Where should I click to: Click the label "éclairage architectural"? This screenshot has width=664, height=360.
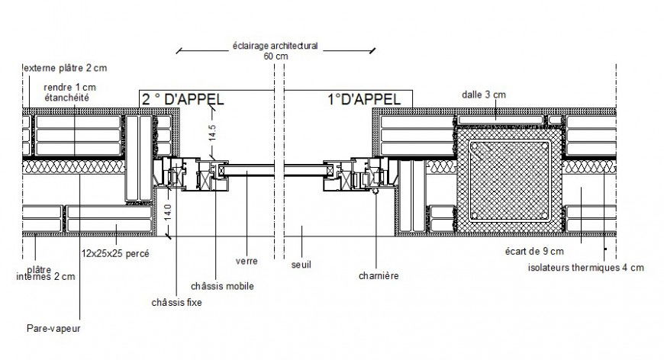275,46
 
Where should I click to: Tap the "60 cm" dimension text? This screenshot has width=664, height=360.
276,56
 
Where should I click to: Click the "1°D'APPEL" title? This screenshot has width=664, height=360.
353,98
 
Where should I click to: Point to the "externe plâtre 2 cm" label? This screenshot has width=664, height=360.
65,68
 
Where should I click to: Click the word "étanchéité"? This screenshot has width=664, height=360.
67,97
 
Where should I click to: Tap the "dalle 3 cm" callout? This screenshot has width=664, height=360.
484,95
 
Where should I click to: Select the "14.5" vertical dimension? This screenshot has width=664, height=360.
213,132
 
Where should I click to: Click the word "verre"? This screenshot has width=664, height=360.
246,260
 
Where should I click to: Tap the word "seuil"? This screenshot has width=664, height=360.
302,265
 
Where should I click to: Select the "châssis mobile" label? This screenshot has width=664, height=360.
227,286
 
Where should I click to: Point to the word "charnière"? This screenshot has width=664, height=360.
379,276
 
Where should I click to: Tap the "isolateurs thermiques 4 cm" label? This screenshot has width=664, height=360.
585,267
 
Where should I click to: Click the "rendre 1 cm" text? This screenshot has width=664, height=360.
69,87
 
